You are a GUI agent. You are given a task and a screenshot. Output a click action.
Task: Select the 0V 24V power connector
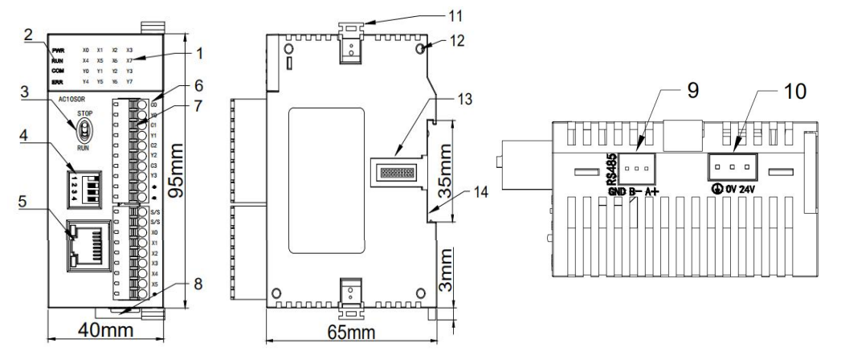coord(731,167)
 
